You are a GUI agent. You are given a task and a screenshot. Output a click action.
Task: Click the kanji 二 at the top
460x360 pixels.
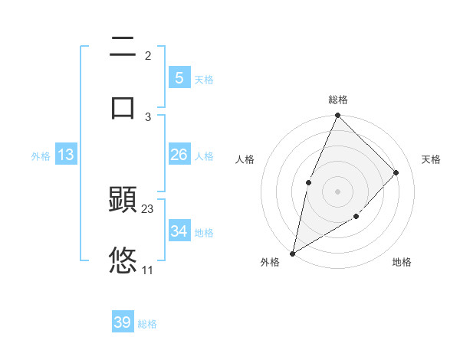[x=123, y=48]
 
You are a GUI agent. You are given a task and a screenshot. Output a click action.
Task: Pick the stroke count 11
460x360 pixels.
[x=148, y=270]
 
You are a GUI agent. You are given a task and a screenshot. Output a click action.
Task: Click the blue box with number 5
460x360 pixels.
[x=179, y=77]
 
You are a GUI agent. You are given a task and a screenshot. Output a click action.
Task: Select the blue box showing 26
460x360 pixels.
[x=179, y=155]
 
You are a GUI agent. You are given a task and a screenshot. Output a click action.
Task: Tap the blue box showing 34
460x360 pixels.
[x=179, y=231]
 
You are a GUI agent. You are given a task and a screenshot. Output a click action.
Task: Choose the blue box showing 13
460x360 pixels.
[x=66, y=155]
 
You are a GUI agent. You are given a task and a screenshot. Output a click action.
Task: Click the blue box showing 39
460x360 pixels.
[x=123, y=322]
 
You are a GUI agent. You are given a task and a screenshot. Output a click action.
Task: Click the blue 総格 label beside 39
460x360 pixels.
[x=147, y=324]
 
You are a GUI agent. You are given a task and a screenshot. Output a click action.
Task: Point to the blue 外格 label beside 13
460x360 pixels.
[x=41, y=156]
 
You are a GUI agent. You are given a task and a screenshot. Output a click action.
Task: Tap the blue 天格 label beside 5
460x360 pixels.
[x=203, y=79]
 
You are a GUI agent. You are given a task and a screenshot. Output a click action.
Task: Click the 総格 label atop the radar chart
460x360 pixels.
[x=338, y=100]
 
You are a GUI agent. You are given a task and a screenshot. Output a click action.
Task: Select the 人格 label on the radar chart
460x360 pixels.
[x=245, y=159]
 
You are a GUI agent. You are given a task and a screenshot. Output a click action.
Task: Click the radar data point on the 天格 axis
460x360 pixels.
[x=396, y=172]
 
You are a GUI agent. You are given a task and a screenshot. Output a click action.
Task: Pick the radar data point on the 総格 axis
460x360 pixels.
[x=337, y=116]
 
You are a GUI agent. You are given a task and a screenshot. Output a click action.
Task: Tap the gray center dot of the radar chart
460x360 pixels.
[x=337, y=191]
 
